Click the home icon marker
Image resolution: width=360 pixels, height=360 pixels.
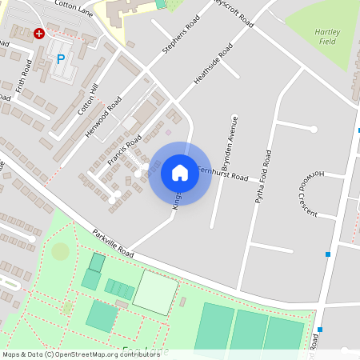click(180, 173)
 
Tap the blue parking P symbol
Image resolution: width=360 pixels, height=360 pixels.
click(61, 59)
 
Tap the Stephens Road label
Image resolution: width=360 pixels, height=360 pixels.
click(181, 37)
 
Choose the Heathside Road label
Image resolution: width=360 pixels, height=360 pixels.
click(213, 64)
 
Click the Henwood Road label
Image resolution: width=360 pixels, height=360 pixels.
click(103, 116)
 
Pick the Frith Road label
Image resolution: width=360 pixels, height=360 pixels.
click(22, 76)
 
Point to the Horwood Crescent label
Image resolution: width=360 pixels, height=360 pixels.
click(310, 194)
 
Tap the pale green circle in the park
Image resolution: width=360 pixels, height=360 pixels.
click(60, 251)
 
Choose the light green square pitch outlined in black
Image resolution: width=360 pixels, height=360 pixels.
click(155, 292)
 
